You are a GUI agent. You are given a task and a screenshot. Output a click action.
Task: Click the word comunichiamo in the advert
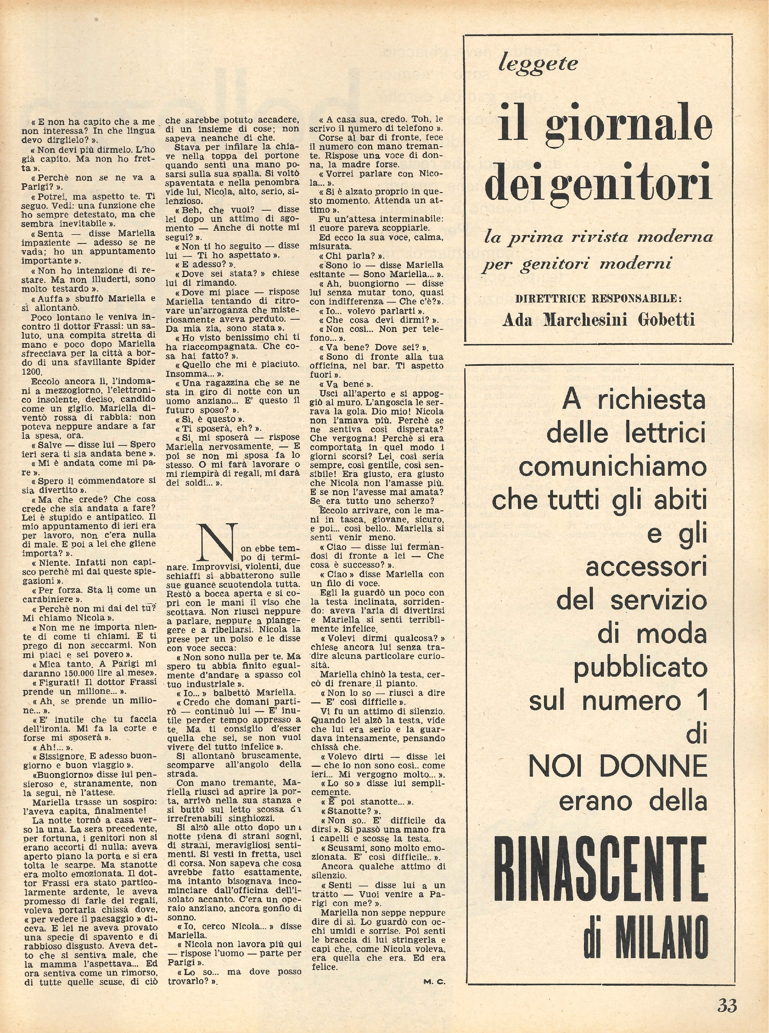pyautogui.click(x=613, y=466)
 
